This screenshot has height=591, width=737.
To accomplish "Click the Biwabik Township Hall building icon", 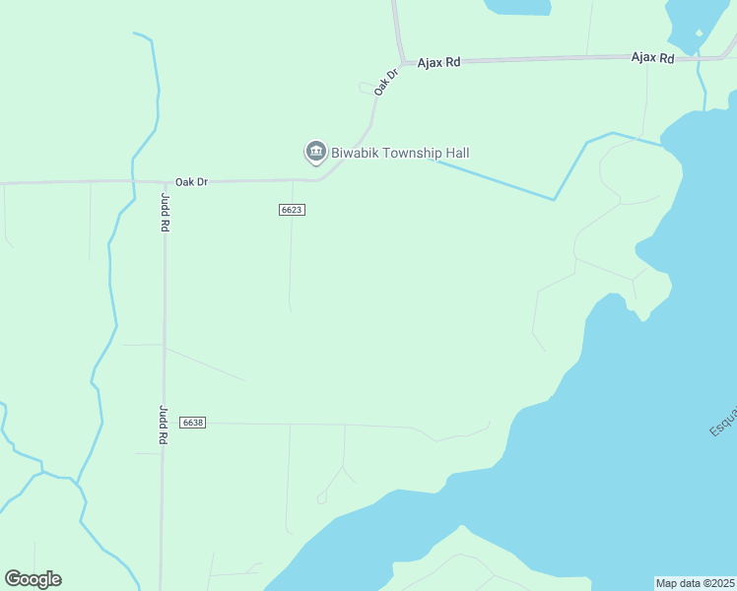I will pyautogui.click(x=315, y=152).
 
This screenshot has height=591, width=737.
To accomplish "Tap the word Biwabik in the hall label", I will pyautogui.click(x=358, y=153).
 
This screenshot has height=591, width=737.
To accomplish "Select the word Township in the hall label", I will pyautogui.click(x=415, y=153).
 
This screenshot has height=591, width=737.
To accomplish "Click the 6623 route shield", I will pyautogui.click(x=291, y=210).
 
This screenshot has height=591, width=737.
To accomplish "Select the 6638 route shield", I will pyautogui.click(x=192, y=423).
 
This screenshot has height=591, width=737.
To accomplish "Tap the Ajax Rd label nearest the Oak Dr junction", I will pyautogui.click(x=438, y=62).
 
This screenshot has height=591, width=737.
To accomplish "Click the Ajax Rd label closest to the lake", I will pyautogui.click(x=652, y=58).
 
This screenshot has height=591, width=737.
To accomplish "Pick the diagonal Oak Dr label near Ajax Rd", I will pyautogui.click(x=385, y=81).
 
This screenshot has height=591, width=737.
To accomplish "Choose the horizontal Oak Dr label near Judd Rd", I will pyautogui.click(x=191, y=181).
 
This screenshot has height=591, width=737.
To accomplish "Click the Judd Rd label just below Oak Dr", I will pyautogui.click(x=165, y=212).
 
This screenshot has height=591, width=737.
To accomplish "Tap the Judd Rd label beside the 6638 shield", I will pyautogui.click(x=164, y=425).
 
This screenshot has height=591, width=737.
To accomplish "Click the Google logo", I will pyautogui.click(x=33, y=579).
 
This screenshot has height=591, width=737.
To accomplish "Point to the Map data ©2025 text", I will pyautogui.click(x=696, y=583).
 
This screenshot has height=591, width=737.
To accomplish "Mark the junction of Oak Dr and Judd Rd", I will pyautogui.click(x=164, y=182).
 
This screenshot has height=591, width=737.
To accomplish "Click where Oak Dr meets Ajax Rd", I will pyautogui.click(x=403, y=62).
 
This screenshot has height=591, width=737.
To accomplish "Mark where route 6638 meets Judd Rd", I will pyautogui.click(x=164, y=423).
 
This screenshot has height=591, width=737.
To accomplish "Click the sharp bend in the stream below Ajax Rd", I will pyautogui.click(x=555, y=200).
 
